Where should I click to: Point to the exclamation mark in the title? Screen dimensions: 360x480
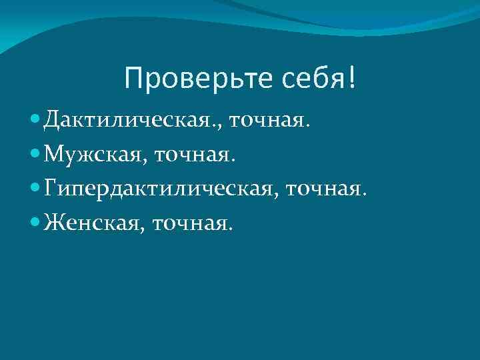tap(351, 79)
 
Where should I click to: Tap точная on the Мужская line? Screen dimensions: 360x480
tap(193, 155)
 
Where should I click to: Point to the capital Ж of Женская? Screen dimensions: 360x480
tap(54, 221)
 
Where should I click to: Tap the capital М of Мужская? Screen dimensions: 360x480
tap(53, 155)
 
